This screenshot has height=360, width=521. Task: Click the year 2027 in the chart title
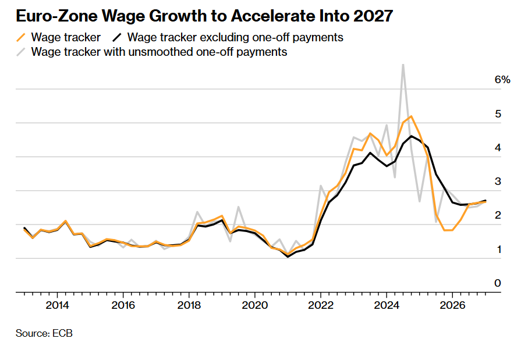(x=373, y=16)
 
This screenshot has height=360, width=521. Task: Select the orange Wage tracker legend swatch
(x=21, y=38)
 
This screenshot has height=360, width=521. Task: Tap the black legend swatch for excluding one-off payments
(x=117, y=38)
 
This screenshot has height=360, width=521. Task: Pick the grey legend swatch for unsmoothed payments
(x=21, y=52)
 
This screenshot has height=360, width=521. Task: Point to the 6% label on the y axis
(x=502, y=79)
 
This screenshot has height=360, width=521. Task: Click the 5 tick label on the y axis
(x=498, y=114)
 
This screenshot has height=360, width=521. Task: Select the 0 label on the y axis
(x=498, y=283)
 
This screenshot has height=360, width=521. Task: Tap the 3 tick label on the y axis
(x=498, y=181)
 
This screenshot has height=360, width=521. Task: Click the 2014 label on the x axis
(x=57, y=305)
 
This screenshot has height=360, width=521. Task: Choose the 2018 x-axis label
(x=189, y=305)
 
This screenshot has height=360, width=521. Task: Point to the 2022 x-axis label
(x=321, y=305)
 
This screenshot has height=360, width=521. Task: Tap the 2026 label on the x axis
(x=452, y=305)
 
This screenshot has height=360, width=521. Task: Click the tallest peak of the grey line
(x=403, y=65)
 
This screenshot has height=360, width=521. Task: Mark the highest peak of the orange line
(x=412, y=116)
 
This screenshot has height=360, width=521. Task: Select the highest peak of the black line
(x=412, y=136)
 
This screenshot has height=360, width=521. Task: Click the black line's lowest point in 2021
(x=288, y=256)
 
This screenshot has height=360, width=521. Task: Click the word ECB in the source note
(x=62, y=333)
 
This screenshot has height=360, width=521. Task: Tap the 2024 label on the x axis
(x=387, y=305)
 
